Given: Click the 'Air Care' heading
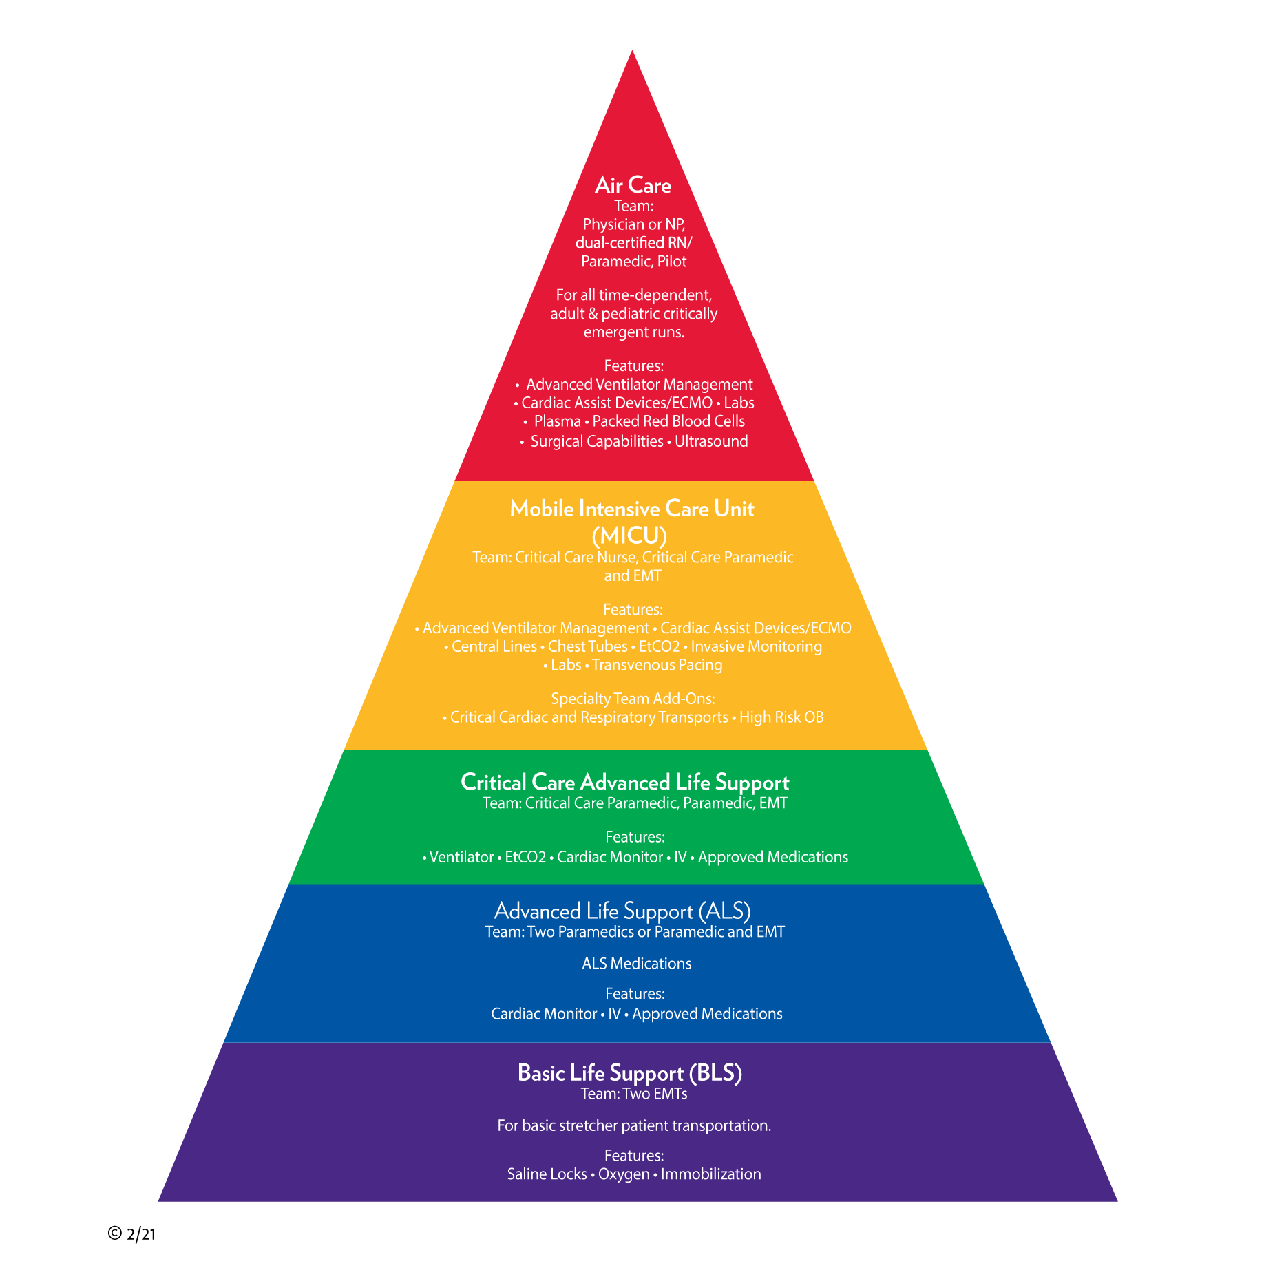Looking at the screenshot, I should [x=633, y=185].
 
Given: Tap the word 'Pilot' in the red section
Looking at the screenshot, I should [x=672, y=262].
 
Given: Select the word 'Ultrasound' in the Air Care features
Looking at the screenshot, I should [x=711, y=441].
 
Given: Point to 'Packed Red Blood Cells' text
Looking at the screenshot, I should [x=668, y=421].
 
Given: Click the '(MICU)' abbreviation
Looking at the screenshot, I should [x=629, y=535].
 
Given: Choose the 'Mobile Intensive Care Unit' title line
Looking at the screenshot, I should [x=632, y=509].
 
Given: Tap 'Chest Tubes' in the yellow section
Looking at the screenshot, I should [x=587, y=646].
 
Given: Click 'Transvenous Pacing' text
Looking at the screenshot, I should [x=657, y=665].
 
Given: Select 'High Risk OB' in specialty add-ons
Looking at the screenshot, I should [x=781, y=717].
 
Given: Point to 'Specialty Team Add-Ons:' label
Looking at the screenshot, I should [x=633, y=699].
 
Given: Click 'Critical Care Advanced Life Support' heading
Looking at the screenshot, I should [x=624, y=782].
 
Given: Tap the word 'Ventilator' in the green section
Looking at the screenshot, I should [x=461, y=857].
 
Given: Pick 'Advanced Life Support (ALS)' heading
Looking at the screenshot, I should [x=622, y=911].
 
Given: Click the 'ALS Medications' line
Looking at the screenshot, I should [x=637, y=964].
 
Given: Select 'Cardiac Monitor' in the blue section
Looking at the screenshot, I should [x=544, y=1014].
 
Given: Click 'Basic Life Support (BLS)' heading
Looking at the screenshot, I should [x=629, y=1072].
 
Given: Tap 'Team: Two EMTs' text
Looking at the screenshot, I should [x=634, y=1094].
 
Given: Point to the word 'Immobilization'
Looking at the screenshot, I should [x=711, y=1174].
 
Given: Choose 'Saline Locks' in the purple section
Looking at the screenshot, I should [x=547, y=1174].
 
